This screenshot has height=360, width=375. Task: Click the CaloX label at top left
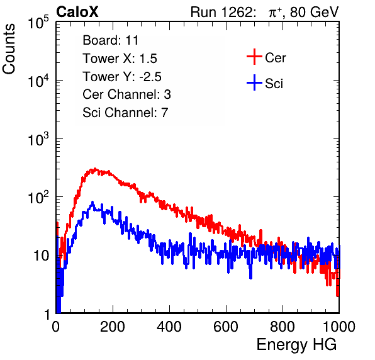[x=77, y=12]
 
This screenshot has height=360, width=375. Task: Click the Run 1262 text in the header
[x=221, y=12]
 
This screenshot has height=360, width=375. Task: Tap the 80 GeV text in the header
[x=315, y=12]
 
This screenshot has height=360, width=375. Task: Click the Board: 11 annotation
[x=111, y=40]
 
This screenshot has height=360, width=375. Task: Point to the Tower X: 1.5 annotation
[x=120, y=59]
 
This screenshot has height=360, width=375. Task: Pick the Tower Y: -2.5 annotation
[x=122, y=77]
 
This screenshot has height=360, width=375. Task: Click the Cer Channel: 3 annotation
[x=126, y=94]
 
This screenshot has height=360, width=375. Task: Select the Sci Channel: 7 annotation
[x=125, y=113]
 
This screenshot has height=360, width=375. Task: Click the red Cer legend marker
[x=254, y=57]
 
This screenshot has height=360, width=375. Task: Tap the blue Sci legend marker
[x=254, y=83]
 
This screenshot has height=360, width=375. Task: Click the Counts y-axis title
[x=9, y=49]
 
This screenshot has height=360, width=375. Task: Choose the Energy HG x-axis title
[x=296, y=345]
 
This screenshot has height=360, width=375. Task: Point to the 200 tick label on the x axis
[x=113, y=327]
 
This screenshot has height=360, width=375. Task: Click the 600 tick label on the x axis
[x=226, y=327]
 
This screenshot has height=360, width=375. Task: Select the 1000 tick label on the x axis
[x=339, y=327]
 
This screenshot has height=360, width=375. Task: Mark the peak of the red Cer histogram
[x=95, y=169]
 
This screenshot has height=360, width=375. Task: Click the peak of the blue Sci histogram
[x=92, y=203]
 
